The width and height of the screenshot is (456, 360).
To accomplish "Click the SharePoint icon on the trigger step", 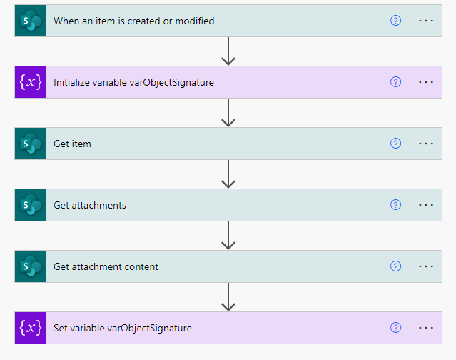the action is pos(31,21).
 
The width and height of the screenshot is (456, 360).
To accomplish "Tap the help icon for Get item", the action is pos(395,144).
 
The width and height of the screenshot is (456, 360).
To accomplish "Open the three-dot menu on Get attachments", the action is pos(426,205).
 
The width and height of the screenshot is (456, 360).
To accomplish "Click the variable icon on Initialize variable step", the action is pos(31,82).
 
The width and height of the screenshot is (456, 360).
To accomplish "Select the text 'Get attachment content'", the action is pos(106,266).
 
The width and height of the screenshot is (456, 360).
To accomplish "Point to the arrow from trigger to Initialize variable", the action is pos(228,51).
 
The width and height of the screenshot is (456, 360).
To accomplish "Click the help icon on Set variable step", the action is pos(395,328).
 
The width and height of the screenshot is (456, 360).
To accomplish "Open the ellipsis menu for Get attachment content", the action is pos(426,266).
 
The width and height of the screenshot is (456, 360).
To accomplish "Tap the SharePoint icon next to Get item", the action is pos(31,144).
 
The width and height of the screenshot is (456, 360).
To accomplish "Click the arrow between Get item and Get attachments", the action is pos(228,174).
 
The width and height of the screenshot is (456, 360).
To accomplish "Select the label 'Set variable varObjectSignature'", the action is pos(123,328).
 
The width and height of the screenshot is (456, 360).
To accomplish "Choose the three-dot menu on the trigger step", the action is pos(426,21).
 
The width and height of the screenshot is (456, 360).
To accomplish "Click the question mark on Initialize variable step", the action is pos(395,82).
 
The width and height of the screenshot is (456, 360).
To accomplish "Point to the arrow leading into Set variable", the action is pos(228,297).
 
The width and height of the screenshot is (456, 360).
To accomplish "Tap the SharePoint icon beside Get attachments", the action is pos(31,205).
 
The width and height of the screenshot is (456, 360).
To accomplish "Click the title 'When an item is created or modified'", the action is pos(133,21).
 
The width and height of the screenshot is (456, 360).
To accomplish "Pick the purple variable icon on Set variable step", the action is pos(31,328).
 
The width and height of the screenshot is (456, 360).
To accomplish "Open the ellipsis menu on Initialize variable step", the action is pos(426,82).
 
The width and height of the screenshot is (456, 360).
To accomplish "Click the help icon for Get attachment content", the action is pos(395,266).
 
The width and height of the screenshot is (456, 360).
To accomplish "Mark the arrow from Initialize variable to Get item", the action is pos(228,113).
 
